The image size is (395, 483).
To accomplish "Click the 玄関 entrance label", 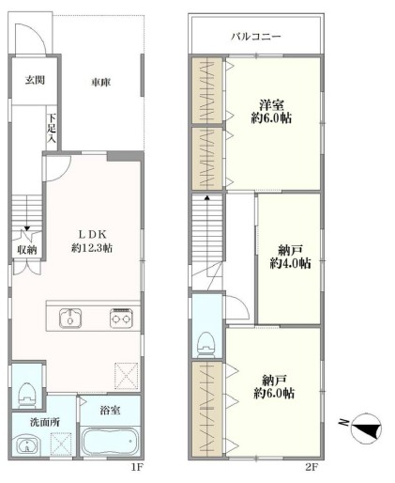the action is pos(35,81).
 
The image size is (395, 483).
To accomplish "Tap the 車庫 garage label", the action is pos(101,83).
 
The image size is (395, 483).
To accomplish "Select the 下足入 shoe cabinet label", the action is pos(52,128).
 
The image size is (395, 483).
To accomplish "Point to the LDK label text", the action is pos(92,234).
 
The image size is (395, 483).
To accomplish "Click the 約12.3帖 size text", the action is pos(92,248).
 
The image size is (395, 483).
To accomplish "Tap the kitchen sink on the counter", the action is pos(70,319).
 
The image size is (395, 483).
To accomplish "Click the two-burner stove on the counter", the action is pos(121,319).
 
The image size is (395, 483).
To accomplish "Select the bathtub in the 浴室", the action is pos(110,441).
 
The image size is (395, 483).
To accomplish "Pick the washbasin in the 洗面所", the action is pos(28,444).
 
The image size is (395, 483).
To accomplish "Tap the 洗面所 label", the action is pos(45,422).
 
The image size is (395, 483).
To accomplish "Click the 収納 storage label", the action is pos(27,250).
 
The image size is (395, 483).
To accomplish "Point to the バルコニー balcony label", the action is pos(256,37).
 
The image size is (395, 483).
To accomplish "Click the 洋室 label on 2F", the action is pos(271,104).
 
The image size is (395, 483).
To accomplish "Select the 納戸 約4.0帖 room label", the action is pos(290,257).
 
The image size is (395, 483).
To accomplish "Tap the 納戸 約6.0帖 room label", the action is pos(274,386).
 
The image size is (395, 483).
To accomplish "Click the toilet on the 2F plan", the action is pos(206,345).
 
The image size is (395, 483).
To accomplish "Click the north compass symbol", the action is pos(366,428).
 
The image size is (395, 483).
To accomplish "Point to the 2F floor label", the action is pos(311,468).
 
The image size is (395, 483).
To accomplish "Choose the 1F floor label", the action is pos(137,468).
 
